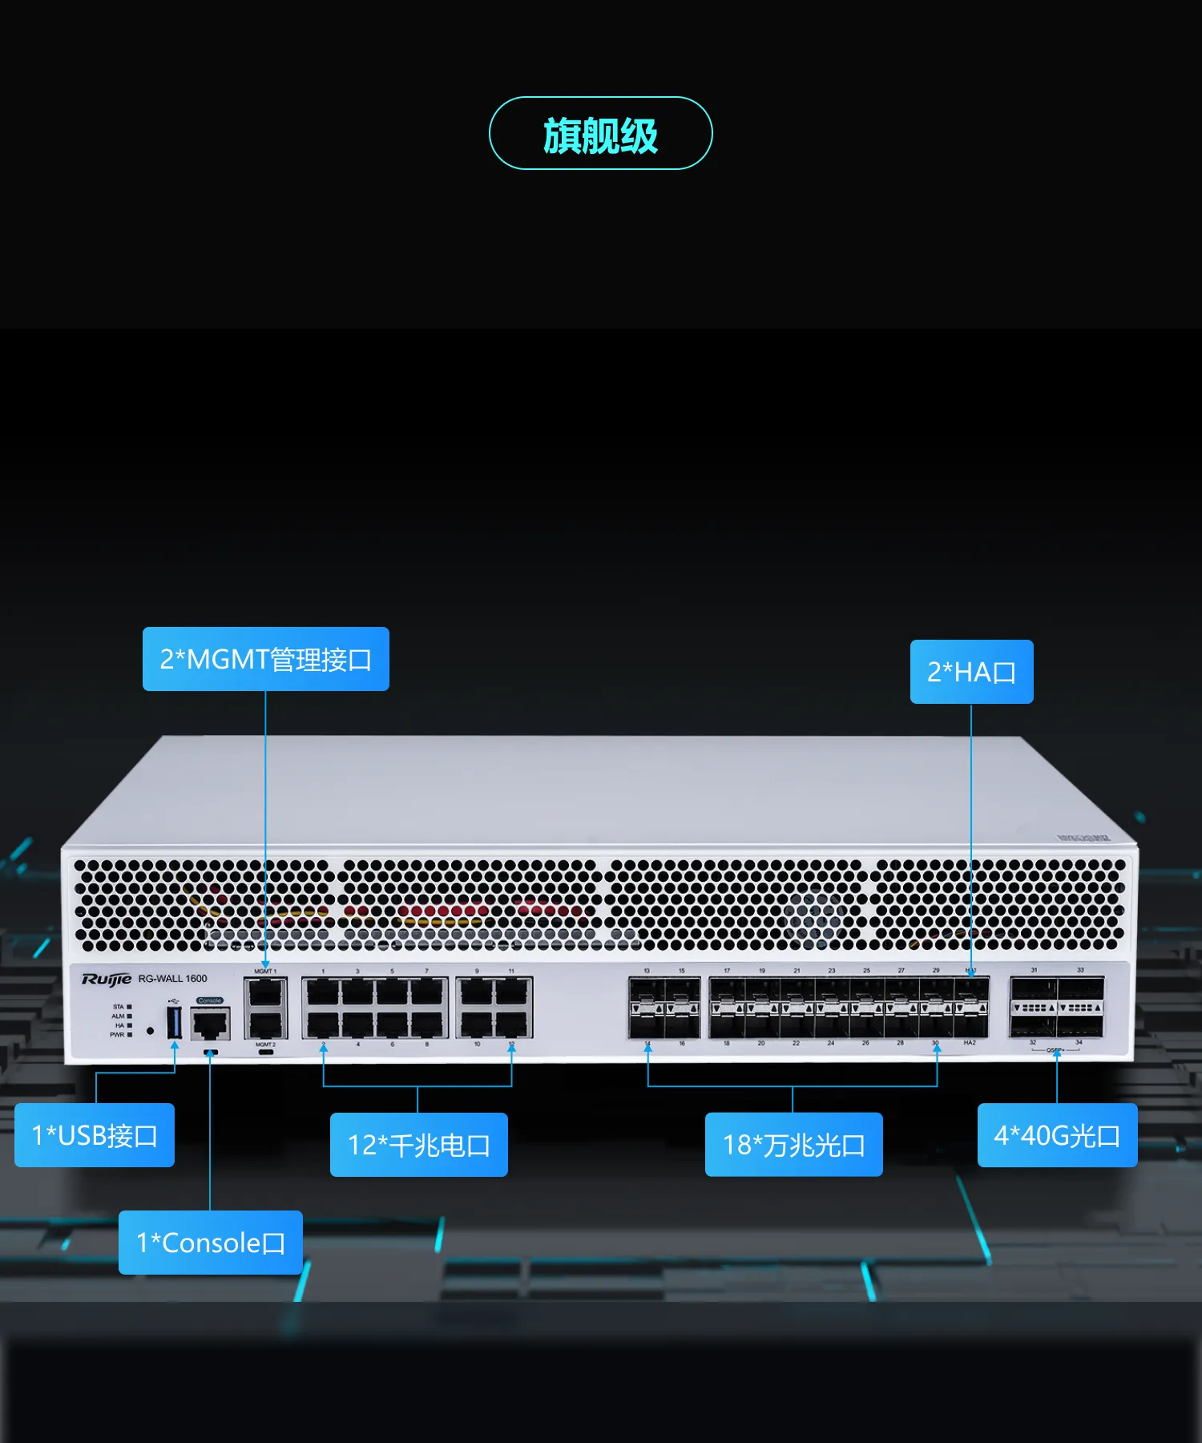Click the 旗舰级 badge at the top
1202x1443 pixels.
point(600,133)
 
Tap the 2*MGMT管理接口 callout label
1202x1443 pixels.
point(265,659)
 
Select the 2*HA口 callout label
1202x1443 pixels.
point(971,672)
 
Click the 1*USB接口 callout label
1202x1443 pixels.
point(95,1135)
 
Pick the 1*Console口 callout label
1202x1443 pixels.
point(210,1243)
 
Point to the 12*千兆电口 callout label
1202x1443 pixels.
point(418,1145)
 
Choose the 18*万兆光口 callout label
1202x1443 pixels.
point(793,1145)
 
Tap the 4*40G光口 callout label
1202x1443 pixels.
point(1057,1135)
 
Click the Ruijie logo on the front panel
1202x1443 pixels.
point(106,979)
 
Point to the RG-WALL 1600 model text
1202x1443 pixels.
point(172,979)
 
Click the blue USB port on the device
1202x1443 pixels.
point(174,1023)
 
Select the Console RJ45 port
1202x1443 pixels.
point(210,1024)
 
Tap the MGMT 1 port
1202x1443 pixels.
point(265,993)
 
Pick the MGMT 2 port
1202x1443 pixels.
point(265,1024)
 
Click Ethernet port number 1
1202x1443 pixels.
point(323,992)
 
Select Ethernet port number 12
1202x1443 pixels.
point(511,1024)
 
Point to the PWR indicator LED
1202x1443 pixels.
point(130,1035)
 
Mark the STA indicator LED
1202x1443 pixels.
point(130,1007)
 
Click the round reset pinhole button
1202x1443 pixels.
point(150,1031)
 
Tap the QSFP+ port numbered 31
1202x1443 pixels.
point(1034,991)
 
